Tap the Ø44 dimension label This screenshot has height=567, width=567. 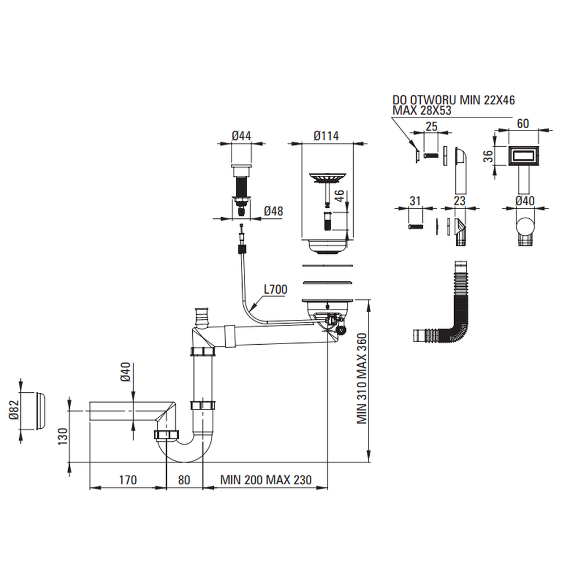(x=242, y=136)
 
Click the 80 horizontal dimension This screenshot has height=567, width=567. (x=184, y=480)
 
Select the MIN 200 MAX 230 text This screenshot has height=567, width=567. (x=266, y=480)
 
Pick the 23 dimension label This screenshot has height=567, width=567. (x=459, y=200)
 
